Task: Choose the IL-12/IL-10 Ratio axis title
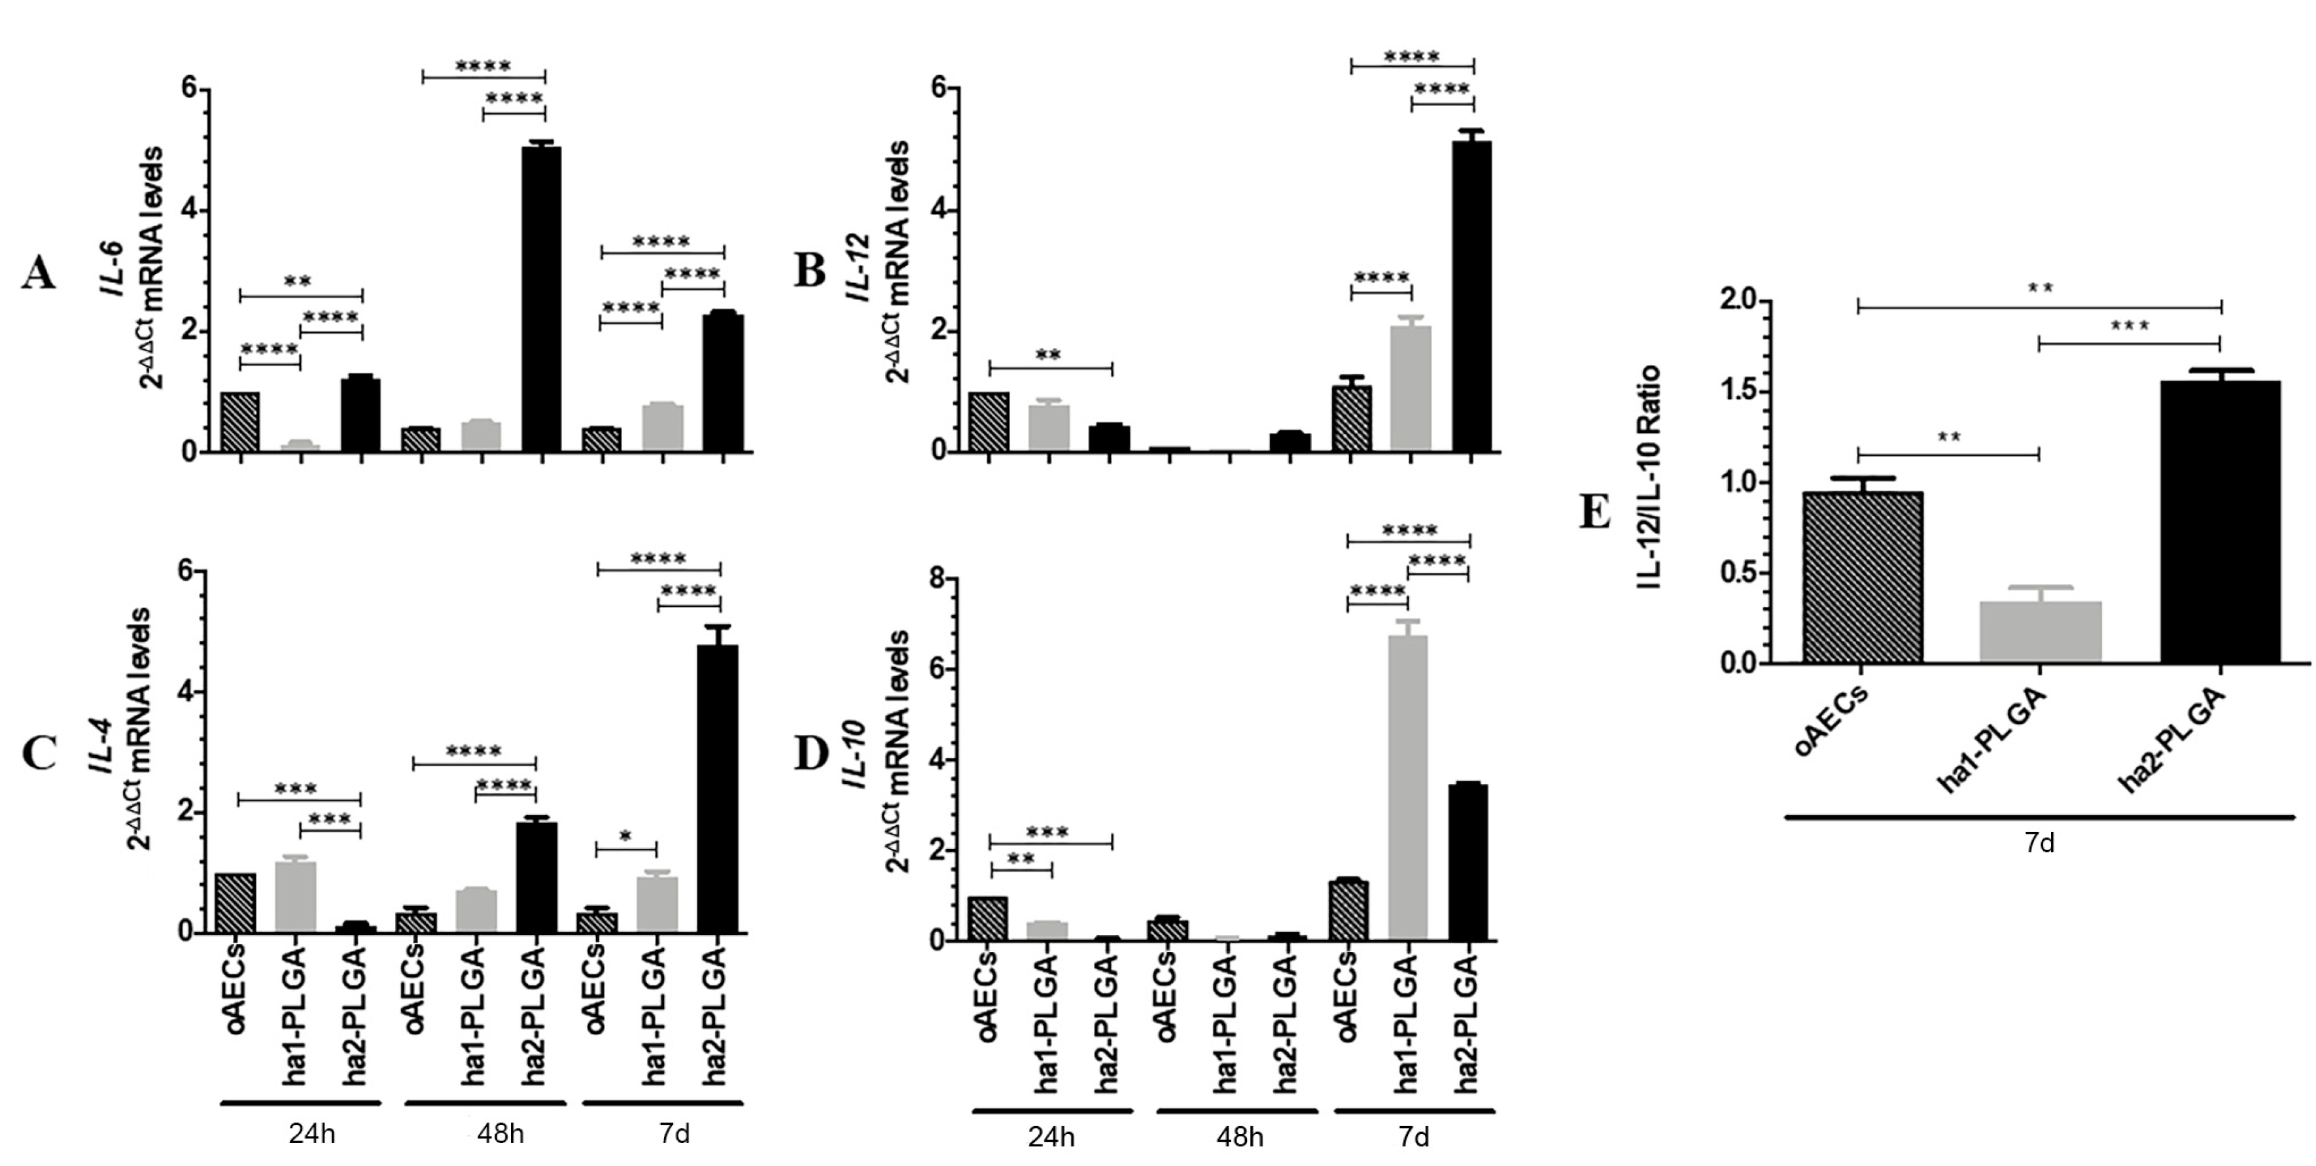[x=1648, y=477]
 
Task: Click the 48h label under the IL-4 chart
[x=500, y=1134]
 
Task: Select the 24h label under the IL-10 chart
[x=1051, y=1137]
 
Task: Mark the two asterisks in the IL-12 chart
[x=1048, y=356]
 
